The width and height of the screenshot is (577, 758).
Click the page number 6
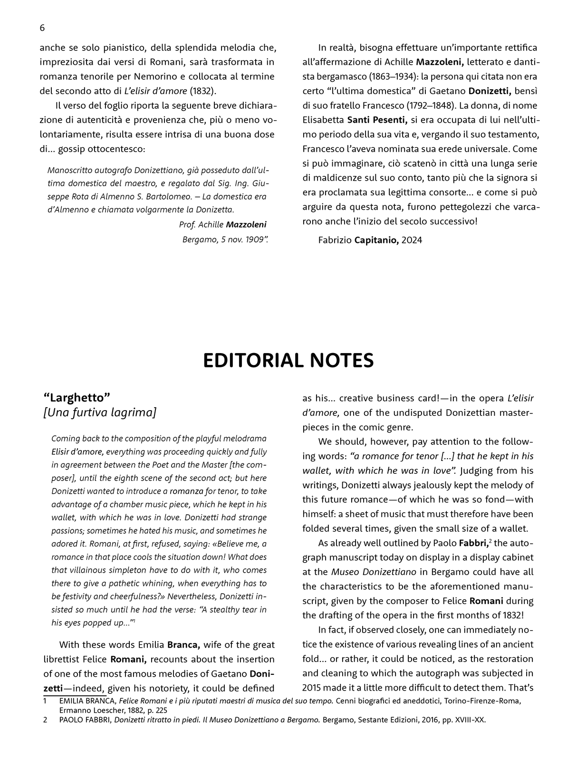coord(42,28)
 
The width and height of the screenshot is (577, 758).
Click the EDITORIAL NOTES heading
coord(288,361)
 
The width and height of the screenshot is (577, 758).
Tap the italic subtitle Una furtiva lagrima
coord(100,413)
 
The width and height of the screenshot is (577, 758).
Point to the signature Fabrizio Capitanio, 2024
coord(370,240)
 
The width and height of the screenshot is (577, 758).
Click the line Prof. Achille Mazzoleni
coord(222,225)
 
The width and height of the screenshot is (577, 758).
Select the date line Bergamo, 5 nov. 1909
coord(225,240)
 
